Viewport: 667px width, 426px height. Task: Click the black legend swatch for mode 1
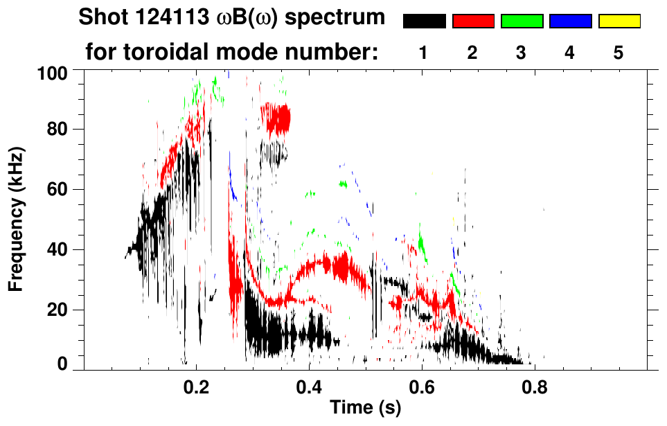click(424, 21)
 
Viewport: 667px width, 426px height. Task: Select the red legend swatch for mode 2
click(472, 21)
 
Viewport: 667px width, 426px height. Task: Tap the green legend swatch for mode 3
click(522, 21)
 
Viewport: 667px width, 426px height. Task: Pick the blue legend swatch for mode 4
click(570, 21)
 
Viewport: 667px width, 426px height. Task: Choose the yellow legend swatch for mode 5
click(619, 21)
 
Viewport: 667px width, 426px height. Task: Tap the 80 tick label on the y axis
click(62, 130)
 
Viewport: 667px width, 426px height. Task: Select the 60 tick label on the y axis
click(62, 190)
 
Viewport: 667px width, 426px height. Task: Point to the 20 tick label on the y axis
click(62, 310)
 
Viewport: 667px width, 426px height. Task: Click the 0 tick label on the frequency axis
click(67, 364)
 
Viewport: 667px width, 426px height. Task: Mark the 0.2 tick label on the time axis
click(197, 386)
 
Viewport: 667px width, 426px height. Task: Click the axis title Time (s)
click(365, 409)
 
